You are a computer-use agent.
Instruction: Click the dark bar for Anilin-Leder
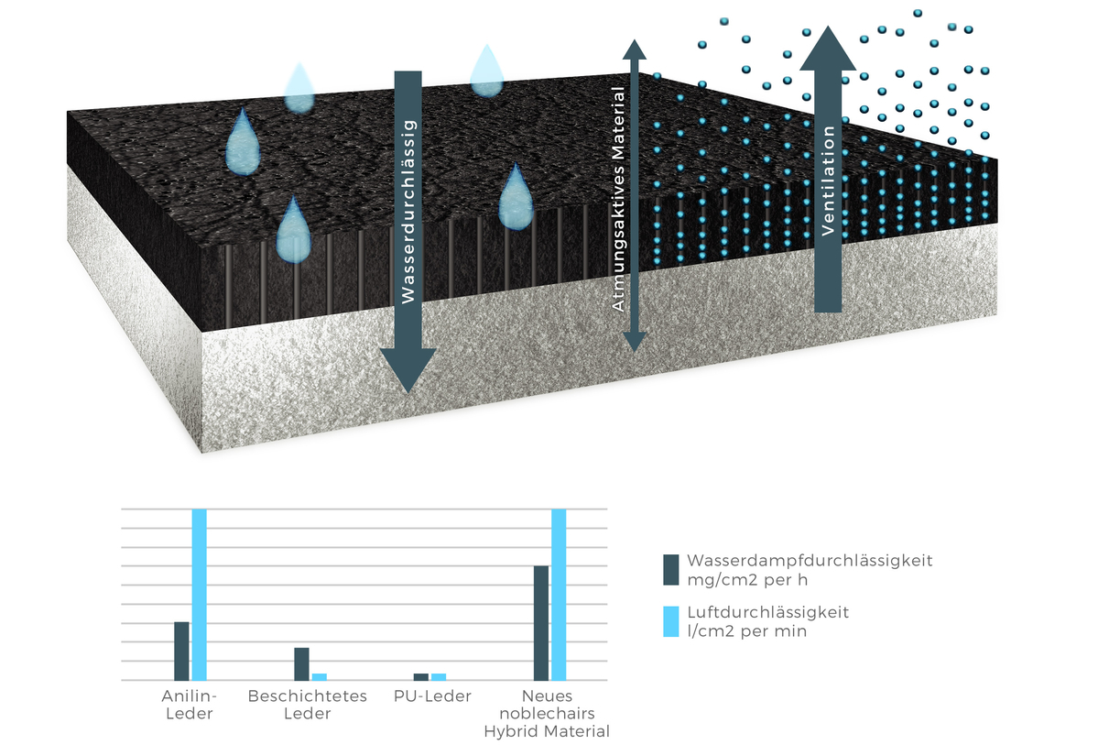181,651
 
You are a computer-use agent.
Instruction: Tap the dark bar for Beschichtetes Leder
301,663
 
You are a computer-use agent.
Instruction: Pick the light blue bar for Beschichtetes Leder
319,677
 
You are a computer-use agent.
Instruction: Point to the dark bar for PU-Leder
421,677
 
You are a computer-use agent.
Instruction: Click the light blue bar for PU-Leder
439,677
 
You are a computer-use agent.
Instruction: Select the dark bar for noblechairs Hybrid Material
541,623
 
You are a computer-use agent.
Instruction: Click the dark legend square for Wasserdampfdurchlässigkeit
671,569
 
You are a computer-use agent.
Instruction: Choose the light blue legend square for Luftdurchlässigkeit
671,620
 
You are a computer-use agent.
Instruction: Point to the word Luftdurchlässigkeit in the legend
767,611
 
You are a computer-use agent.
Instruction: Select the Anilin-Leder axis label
187,705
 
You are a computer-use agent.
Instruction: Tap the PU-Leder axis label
432,696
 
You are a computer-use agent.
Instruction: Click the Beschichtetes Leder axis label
308,705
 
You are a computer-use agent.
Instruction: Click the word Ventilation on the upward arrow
828,181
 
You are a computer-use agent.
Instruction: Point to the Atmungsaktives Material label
620,200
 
